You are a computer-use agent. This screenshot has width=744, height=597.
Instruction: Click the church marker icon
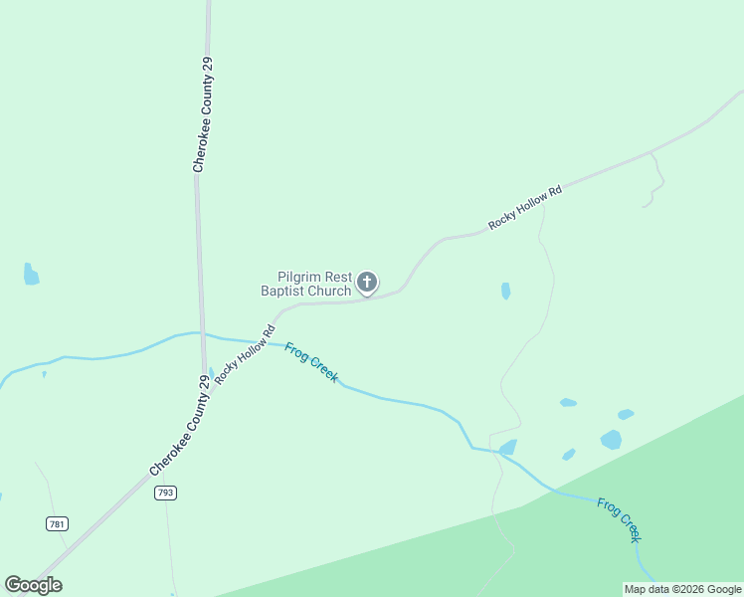[367, 283]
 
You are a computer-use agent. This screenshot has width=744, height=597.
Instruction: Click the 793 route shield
[165, 493]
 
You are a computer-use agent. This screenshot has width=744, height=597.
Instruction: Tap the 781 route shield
[57, 523]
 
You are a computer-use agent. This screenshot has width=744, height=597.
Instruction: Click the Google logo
[33, 585]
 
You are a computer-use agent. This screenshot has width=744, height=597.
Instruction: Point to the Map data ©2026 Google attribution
[682, 589]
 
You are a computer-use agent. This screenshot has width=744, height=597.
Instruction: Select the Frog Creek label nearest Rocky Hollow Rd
[311, 362]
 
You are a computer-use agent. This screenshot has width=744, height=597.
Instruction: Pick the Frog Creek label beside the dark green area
[620, 519]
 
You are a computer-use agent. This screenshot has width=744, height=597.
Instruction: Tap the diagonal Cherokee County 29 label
[180, 425]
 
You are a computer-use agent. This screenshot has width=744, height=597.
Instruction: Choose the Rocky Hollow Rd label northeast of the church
[525, 207]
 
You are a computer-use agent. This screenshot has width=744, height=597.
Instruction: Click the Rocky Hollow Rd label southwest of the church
[244, 353]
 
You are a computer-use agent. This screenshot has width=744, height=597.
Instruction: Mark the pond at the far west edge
[31, 276]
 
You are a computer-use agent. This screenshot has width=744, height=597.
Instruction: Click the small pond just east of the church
[506, 291]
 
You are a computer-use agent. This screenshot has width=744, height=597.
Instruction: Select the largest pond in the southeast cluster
[611, 439]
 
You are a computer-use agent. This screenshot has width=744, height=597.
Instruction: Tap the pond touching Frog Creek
[508, 448]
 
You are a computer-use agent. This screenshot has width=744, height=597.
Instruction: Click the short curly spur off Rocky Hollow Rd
[656, 181]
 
